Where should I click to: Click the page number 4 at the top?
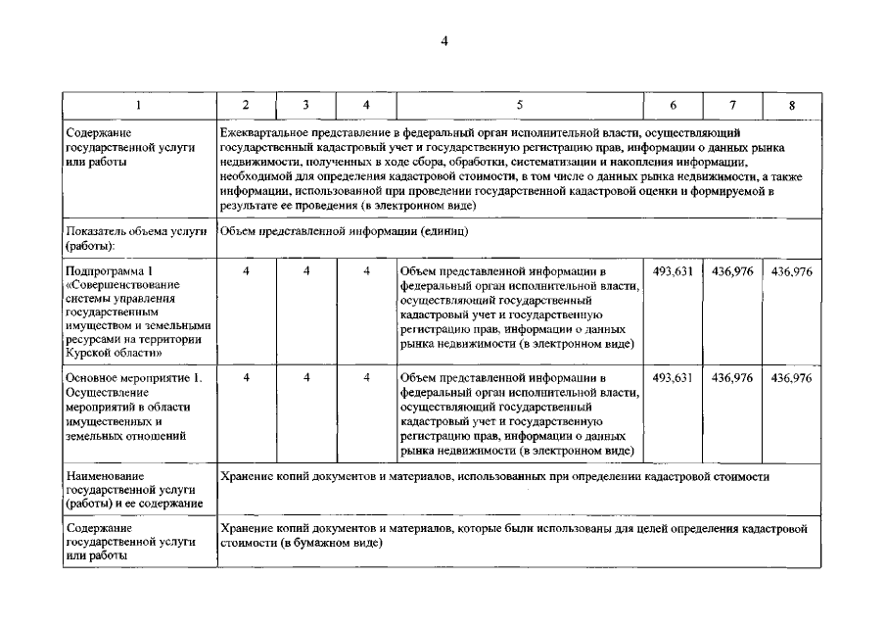click(443, 41)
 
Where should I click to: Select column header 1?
click(139, 105)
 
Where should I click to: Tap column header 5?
click(519, 105)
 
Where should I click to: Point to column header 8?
click(791, 105)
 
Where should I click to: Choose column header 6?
click(673, 105)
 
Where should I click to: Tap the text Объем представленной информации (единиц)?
click(344, 232)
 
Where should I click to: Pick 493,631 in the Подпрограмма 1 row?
click(673, 271)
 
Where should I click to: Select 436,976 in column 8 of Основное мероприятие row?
click(791, 377)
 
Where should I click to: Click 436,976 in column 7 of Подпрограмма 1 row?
click(731, 271)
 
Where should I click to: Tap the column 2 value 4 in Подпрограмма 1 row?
click(246, 271)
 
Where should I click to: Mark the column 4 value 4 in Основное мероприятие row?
click(366, 377)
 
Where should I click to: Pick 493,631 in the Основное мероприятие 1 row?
click(673, 377)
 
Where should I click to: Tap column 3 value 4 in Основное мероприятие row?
click(306, 377)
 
